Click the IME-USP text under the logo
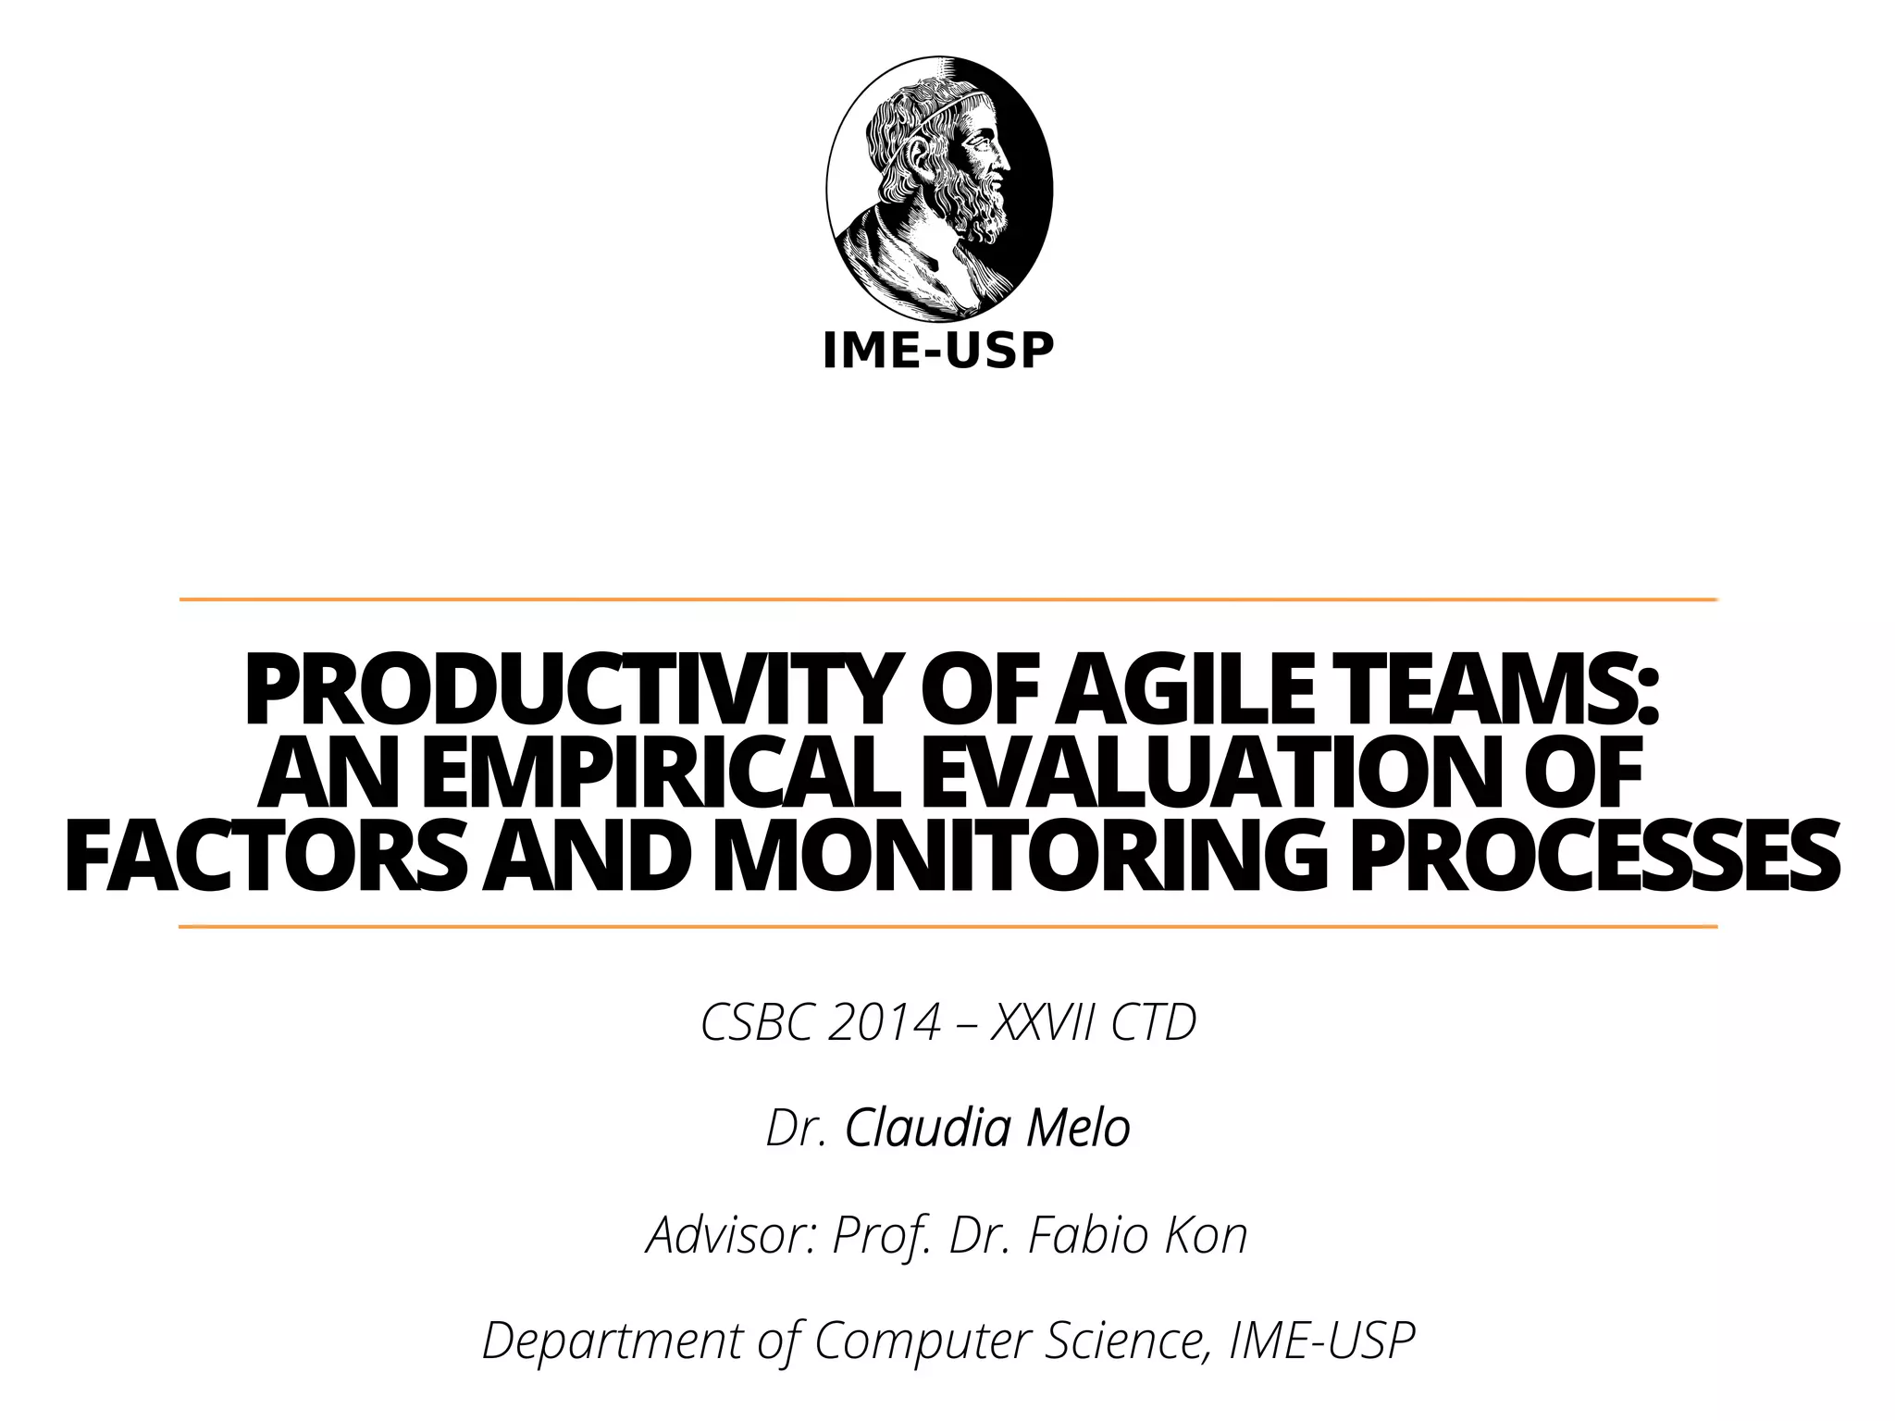coord(938,351)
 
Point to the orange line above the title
coord(947,599)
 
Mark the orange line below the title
coord(947,926)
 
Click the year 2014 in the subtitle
coord(884,1023)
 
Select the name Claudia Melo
coord(987,1129)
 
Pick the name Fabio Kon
coord(1137,1235)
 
